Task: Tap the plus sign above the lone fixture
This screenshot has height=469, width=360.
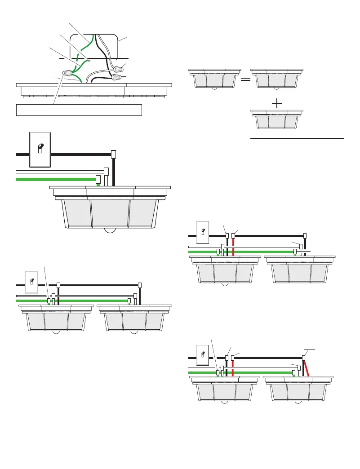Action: pos(277,103)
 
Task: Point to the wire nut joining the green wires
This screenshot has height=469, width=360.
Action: pos(67,73)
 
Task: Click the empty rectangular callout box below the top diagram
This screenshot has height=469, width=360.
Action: pos(79,110)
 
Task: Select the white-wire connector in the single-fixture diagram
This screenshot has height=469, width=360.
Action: pos(107,172)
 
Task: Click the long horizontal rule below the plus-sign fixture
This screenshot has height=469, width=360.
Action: pos(297,139)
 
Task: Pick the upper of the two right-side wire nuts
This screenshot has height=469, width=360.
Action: pos(120,69)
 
